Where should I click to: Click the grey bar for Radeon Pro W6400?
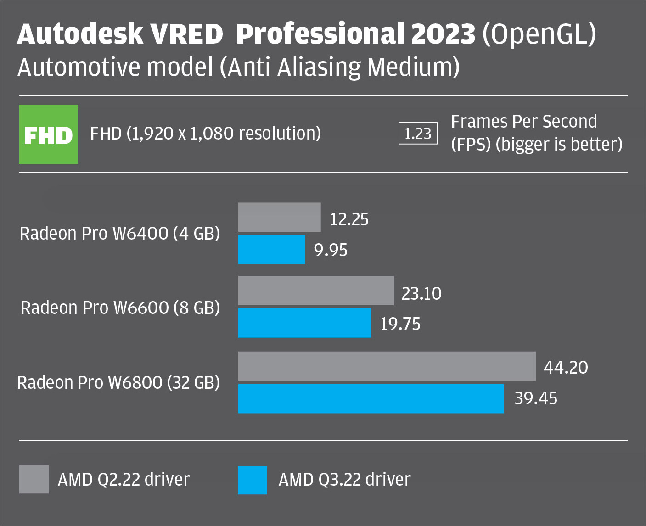279,217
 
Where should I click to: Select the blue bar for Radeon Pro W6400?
271,249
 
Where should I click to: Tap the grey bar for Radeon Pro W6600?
316,291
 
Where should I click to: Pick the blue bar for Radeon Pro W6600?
304,323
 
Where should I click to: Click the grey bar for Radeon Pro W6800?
387,366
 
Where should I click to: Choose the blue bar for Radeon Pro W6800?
371,398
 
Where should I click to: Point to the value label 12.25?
349,219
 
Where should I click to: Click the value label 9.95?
331,250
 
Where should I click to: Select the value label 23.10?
421,293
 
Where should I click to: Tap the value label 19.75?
400,324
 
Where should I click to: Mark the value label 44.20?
566,367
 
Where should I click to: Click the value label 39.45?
535,398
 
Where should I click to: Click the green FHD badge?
48,134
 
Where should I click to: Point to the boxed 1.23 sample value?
418,134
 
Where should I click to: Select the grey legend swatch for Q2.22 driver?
34,480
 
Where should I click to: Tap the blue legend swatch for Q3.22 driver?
253,480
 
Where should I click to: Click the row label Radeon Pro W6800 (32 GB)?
118,382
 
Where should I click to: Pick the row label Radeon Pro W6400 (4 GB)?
120,234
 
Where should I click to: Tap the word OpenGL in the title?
539,34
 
